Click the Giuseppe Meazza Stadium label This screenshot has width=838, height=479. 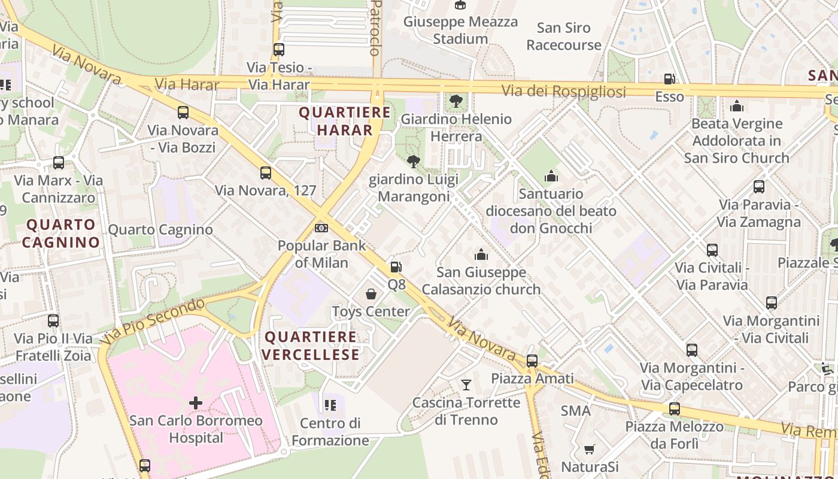pos(460,30)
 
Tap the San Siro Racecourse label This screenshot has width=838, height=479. pos(564,36)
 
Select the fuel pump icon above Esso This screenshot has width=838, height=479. pos(669,79)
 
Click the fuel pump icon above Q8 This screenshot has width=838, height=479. pos(396,267)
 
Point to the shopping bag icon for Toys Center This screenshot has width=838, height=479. pos(371,294)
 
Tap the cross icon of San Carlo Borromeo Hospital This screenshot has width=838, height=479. pos(196,403)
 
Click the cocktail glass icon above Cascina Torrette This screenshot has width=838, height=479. pos(466,384)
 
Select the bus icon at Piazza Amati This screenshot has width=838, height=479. pos(532,361)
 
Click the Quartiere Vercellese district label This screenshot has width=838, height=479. pos(311,345)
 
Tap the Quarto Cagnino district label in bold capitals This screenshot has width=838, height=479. pos(61,234)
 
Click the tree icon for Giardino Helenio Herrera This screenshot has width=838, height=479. pos(456,101)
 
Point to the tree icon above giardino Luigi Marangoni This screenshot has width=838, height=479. pos(413,162)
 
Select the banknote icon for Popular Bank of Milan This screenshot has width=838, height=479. pos(321,228)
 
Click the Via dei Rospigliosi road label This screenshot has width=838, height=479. pos(564,91)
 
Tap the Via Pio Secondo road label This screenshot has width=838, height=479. pos(153,321)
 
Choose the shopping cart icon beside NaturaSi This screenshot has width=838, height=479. pos(590,449)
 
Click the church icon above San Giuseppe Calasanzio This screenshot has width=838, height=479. pos(481,255)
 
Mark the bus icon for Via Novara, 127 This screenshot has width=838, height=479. pos(266,173)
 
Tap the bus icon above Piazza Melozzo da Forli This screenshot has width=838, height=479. pos(675,409)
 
